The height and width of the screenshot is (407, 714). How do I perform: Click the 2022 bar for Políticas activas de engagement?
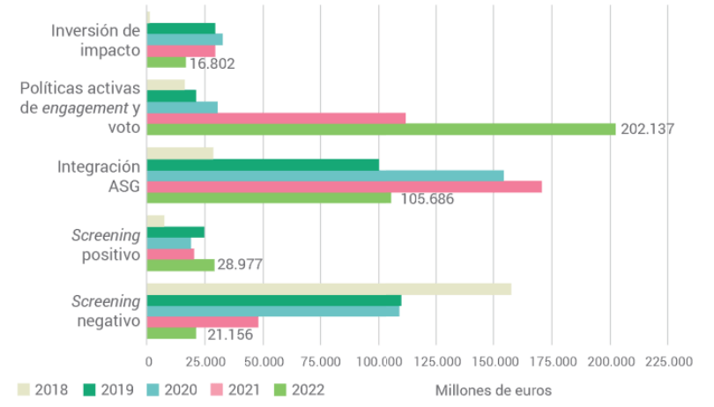click(381, 129)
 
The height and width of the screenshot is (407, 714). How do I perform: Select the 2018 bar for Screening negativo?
click(329, 289)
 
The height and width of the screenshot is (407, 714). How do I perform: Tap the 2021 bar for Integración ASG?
click(344, 187)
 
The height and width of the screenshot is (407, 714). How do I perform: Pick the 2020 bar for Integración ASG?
click(324, 175)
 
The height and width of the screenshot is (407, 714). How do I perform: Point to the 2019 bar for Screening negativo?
click(273, 300)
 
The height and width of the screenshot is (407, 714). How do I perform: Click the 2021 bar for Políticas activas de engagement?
click(276, 118)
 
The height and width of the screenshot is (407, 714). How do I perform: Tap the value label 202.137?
click(647, 129)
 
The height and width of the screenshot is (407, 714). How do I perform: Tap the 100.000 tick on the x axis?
click(378, 362)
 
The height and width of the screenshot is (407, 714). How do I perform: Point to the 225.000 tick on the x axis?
click(668, 362)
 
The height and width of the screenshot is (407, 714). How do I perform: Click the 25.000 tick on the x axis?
click(205, 362)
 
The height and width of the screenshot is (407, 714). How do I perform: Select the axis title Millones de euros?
click(493, 389)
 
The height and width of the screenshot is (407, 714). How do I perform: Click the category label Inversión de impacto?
click(95, 41)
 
